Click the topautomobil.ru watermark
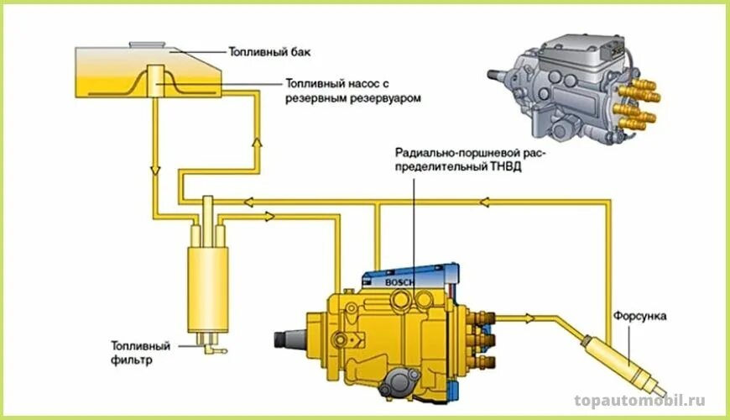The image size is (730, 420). [639, 402]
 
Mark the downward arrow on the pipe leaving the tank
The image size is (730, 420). [154, 171]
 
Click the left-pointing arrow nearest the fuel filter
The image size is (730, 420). [248, 202]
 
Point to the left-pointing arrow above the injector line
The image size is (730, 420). [484, 202]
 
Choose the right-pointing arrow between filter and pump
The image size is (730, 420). [269, 216]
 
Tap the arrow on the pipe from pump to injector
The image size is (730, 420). [529, 318]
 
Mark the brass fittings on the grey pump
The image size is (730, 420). [634, 105]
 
